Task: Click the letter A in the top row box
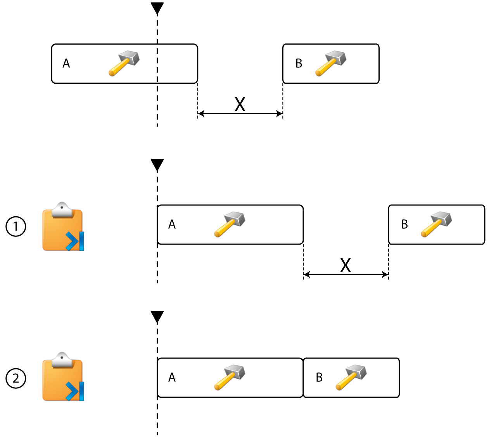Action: [66, 64]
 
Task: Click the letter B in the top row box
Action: [299, 64]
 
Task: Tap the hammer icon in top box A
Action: [124, 63]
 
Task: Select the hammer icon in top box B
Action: [330, 63]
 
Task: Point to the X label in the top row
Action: [240, 104]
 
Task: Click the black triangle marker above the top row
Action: [157, 8]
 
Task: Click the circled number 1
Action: [16, 226]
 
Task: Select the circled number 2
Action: [16, 378]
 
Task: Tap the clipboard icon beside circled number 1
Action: [63, 227]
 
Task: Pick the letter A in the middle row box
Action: [172, 224]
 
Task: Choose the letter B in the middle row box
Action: [404, 224]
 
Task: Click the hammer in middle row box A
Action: [230, 224]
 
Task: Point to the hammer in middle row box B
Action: [436, 224]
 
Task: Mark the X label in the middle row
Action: [346, 266]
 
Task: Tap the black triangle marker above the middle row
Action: [157, 165]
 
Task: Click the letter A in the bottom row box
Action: [172, 378]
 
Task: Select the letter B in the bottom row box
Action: [319, 378]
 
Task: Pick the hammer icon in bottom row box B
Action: [351, 377]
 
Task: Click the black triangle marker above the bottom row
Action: [157, 317]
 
